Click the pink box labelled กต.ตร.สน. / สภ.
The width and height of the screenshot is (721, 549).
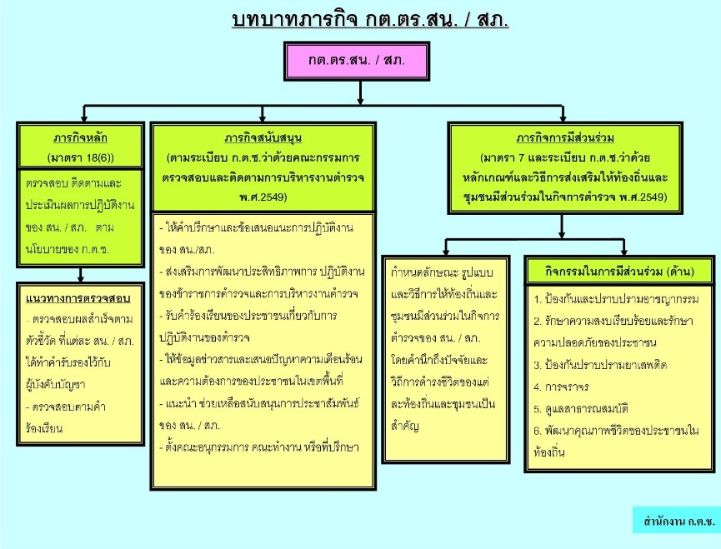tap(357, 61)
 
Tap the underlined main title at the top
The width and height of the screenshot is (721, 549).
tap(370, 20)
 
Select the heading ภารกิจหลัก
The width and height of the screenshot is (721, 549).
tap(81, 137)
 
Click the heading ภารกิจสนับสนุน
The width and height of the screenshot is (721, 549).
tap(263, 137)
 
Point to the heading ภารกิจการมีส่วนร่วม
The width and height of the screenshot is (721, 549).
tap(565, 137)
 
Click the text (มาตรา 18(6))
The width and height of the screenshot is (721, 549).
tap(81, 158)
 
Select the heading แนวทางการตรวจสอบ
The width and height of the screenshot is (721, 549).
tap(78, 298)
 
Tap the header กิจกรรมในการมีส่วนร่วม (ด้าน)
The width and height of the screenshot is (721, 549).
tap(620, 272)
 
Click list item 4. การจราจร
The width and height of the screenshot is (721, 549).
tap(561, 387)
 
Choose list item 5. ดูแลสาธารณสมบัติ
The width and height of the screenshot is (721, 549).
tap(581, 409)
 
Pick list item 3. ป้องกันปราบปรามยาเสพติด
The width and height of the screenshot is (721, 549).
tap(600, 365)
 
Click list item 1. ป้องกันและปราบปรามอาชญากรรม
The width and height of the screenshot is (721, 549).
tap(616, 300)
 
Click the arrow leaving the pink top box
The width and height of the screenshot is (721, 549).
tap(360, 92)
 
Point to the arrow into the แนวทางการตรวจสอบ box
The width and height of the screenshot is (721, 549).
tap(81, 275)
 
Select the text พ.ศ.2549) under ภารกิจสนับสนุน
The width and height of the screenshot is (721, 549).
tap(263, 197)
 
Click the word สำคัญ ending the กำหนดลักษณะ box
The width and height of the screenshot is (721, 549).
tap(404, 427)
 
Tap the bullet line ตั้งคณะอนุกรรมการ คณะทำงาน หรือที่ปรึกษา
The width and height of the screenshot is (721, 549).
tap(259, 447)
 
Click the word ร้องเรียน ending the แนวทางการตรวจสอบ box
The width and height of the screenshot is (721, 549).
tap(44, 429)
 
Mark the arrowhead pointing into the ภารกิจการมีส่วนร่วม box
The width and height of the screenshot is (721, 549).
tap(563, 118)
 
